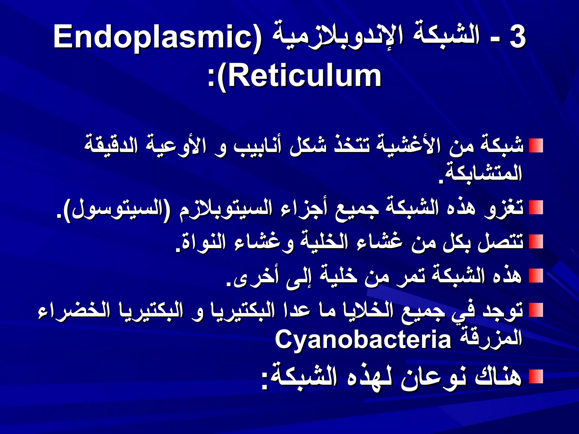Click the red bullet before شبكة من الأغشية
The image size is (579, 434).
click(536, 146)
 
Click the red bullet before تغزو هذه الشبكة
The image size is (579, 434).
click(536, 208)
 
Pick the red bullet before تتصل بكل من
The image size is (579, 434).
click(536, 242)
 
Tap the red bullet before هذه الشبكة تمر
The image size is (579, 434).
click(536, 276)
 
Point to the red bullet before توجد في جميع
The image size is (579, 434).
click(536, 310)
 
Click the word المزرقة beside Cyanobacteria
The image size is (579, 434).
click(491, 339)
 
